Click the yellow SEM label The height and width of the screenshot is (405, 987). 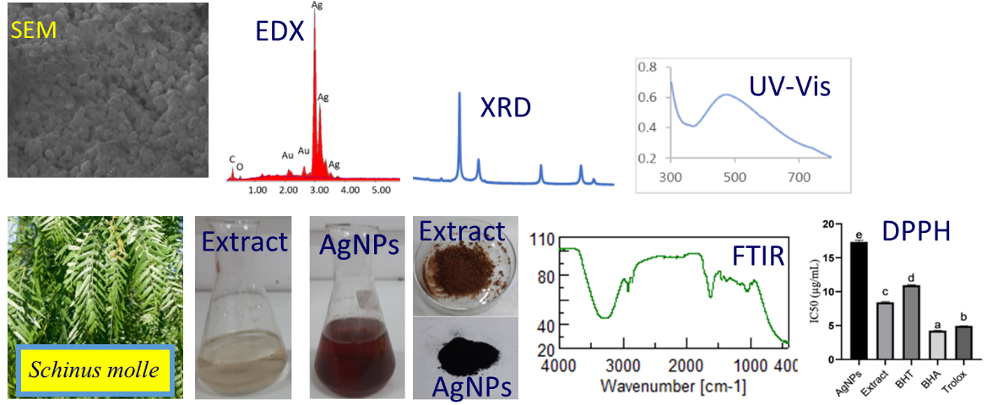(32, 32)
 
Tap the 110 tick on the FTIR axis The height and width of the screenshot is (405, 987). (544, 240)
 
